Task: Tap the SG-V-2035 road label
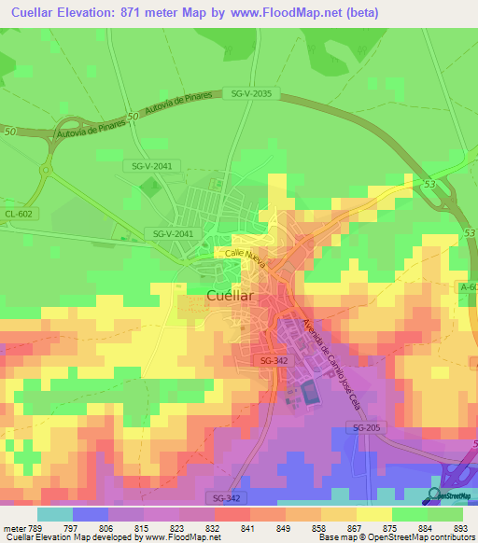250,93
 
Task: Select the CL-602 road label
18,214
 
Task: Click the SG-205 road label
369,427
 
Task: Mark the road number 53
429,187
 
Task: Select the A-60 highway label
468,288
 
